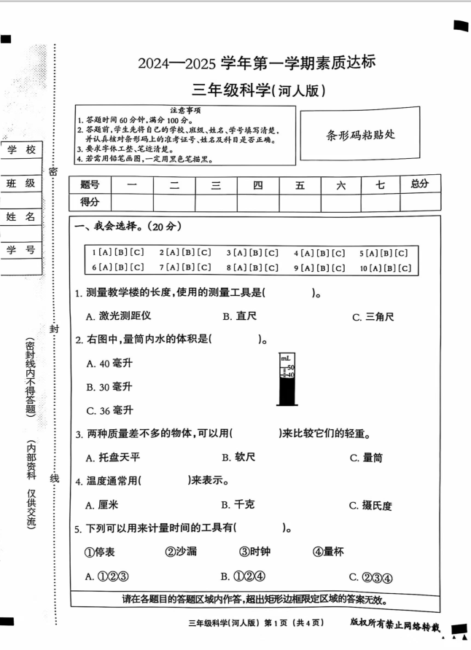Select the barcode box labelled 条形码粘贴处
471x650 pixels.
click(360, 134)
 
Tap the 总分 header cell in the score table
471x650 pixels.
click(419, 184)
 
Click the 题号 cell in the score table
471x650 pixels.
click(90, 185)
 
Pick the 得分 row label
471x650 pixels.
click(90, 202)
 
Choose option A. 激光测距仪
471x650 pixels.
click(118, 316)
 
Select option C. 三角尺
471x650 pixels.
click(373, 316)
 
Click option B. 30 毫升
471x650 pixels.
click(109, 386)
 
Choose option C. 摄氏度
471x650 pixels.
click(371, 505)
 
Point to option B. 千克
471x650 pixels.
click(238, 504)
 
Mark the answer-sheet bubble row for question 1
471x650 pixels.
click(118, 253)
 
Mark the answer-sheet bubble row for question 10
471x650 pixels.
click(386, 267)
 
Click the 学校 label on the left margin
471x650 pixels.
click(20, 150)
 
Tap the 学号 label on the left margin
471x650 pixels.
click(20, 250)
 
